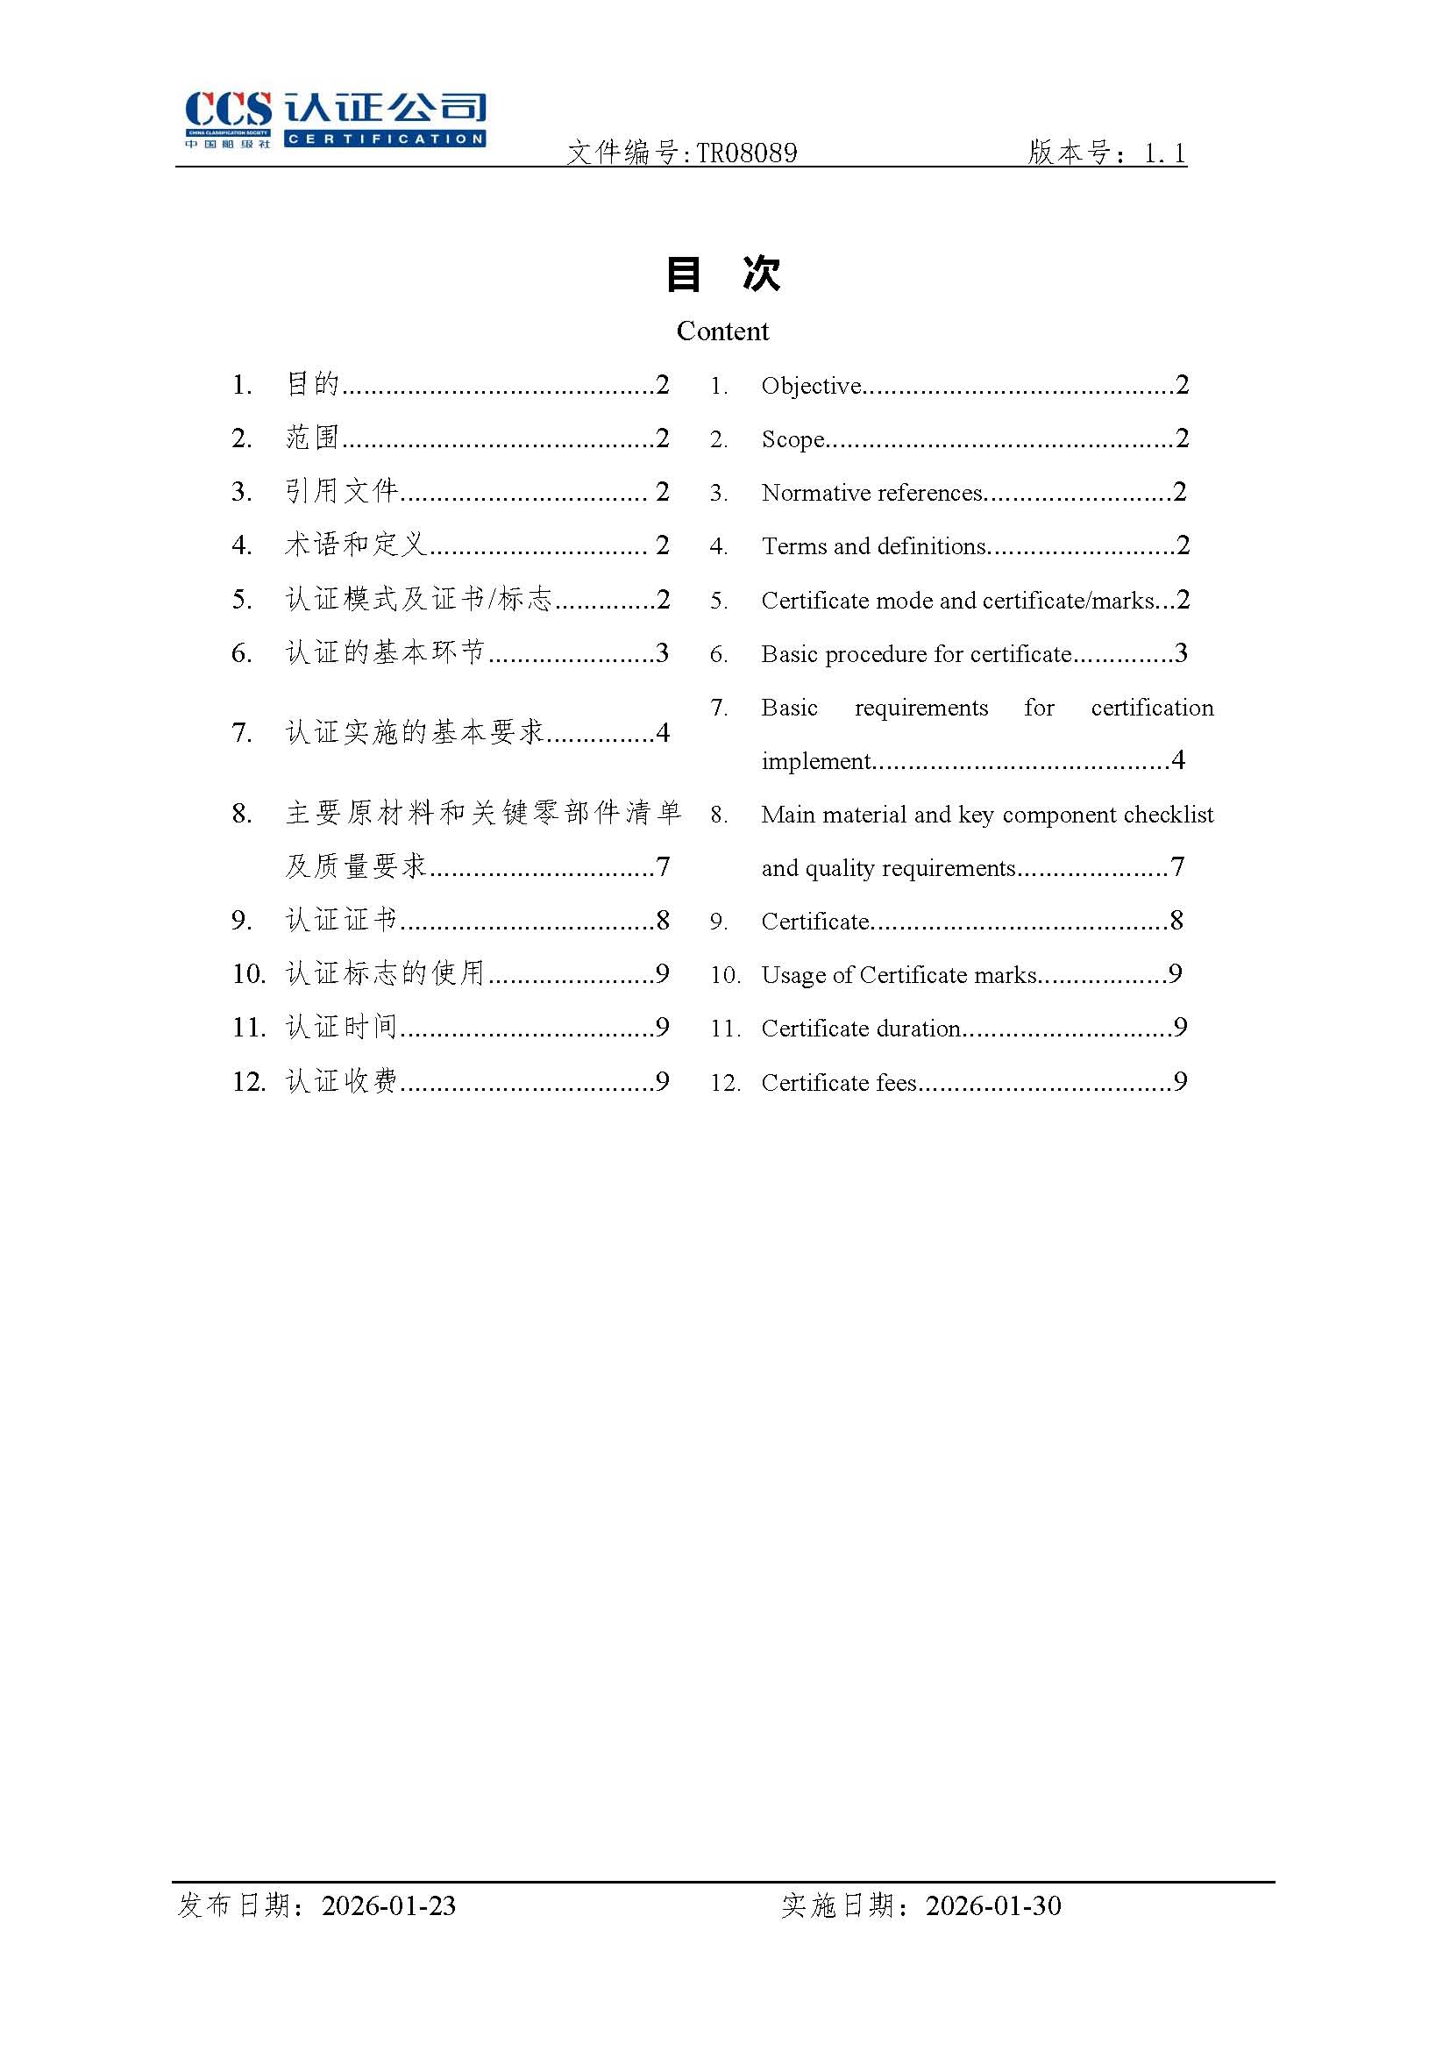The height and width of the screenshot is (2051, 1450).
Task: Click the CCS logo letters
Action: pos(228,110)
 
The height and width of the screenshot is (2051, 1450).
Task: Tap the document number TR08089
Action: pos(746,153)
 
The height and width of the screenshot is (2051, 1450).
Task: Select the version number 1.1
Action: pos(1165,153)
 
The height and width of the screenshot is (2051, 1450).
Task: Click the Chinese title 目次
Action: pos(723,274)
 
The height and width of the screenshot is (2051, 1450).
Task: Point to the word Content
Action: pos(722,331)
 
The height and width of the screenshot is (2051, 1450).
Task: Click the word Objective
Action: pos(811,386)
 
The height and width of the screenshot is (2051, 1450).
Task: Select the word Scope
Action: pos(792,439)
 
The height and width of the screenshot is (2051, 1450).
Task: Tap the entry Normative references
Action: pos(871,493)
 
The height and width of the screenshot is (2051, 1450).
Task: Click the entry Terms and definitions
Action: pos(873,546)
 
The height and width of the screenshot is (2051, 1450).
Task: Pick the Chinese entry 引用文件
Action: pos(341,491)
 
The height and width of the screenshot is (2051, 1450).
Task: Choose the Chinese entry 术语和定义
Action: pos(355,545)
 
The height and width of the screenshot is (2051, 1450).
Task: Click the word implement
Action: pos(816,761)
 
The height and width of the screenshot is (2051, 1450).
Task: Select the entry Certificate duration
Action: pos(861,1029)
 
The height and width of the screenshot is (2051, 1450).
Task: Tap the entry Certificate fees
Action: pos(838,1083)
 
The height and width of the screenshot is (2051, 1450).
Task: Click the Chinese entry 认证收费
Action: pos(341,1082)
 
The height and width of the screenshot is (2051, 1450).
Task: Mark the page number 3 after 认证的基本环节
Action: pos(662,653)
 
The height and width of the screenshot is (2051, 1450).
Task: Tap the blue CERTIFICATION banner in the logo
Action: pos(385,139)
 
